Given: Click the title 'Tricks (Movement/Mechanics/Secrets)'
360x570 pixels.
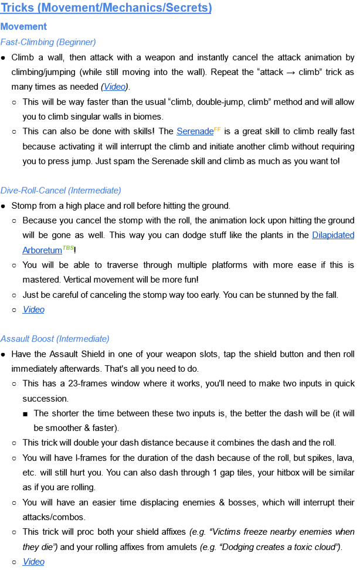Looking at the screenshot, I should pos(106,8).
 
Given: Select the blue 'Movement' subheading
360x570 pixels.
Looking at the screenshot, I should pos(23,26).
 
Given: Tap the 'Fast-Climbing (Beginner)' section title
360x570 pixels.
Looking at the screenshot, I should pos(48,42).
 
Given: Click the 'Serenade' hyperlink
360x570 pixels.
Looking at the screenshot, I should pos(194,132).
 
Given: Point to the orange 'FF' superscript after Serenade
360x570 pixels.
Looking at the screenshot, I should pos(217,129).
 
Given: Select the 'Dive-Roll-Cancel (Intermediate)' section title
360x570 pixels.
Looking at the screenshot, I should pos(61,191).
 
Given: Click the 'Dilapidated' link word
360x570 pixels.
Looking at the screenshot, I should pos(333,236).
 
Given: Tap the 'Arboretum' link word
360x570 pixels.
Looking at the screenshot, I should pos(42,250).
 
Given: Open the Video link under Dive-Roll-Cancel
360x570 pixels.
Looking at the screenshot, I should pos(33,310).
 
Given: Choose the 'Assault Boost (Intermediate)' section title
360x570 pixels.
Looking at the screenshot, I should pos(55,339).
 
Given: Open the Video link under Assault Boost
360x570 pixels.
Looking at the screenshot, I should pos(33,562).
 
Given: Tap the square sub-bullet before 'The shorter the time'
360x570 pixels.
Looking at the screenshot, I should pos(26,413).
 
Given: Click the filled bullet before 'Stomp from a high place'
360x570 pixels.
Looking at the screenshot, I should pos(4,206).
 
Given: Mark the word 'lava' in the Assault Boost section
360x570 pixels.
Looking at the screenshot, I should pos(344,458).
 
